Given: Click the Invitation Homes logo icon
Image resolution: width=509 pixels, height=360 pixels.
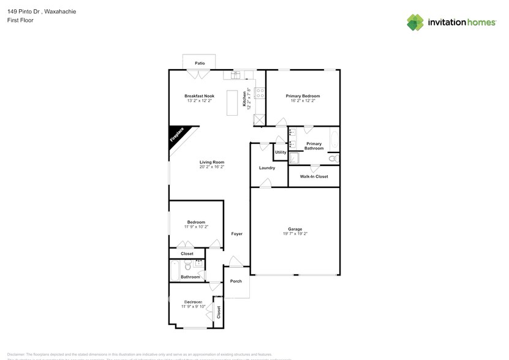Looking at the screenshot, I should (415, 23).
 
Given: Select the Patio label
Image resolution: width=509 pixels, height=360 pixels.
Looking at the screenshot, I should (200, 63).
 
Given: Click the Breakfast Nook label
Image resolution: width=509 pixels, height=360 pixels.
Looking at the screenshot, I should (200, 96).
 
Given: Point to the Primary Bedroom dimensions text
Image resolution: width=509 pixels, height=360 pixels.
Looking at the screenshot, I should (303, 101).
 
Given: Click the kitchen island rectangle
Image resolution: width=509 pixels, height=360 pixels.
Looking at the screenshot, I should (232, 102).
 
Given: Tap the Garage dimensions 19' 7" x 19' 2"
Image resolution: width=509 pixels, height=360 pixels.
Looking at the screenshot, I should (295, 234).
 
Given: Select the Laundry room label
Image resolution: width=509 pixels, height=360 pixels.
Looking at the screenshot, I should (267, 168).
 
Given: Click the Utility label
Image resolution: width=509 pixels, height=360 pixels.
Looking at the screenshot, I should (281, 152).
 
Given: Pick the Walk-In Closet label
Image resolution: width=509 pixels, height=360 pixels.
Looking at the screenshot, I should (314, 176).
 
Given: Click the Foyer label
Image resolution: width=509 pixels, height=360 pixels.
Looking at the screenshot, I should (236, 234).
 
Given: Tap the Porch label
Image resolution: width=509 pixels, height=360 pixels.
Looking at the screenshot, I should (236, 281).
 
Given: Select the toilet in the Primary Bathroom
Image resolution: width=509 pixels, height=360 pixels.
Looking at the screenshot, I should (333, 159).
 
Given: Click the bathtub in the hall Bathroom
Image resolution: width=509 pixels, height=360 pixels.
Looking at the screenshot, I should (175, 268).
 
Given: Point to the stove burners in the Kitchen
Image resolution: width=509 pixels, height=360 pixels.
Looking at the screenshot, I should (260, 94).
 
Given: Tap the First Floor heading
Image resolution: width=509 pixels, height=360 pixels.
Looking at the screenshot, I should (20, 20).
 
